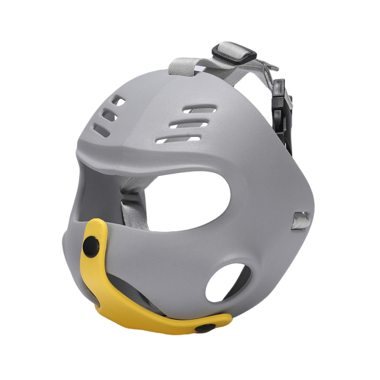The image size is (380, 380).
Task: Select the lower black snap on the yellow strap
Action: (204, 327)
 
